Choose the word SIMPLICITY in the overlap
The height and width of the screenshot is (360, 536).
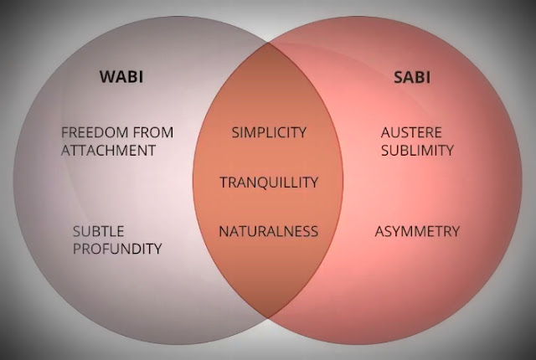coord(268,132)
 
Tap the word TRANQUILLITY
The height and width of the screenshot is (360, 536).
coord(268,182)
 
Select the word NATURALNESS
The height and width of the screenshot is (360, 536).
coord(268,230)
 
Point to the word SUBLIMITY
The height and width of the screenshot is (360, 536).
coord(416,151)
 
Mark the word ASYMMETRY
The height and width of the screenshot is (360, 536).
coord(416,230)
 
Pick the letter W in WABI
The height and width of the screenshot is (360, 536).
coord(104,79)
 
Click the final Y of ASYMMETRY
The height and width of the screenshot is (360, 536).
coord(455,230)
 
